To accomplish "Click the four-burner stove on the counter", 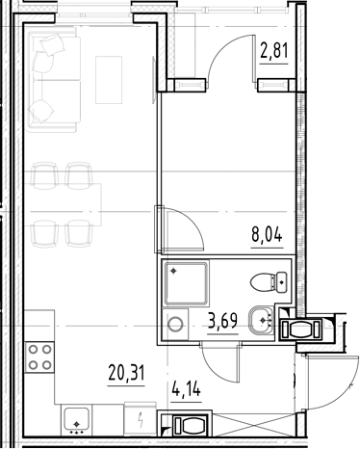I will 39,358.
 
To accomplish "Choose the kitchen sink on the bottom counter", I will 76,420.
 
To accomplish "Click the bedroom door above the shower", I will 180,230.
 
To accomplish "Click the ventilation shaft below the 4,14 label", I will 190,426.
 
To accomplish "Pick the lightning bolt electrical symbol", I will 141,421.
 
